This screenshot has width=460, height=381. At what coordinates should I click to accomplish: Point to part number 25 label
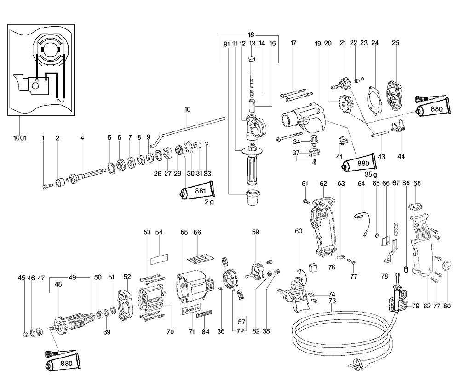(x=395, y=43)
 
